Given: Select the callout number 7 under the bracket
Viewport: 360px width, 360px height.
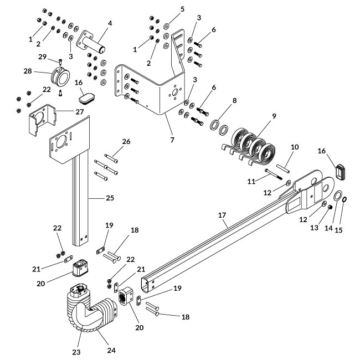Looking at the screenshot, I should click(172, 140).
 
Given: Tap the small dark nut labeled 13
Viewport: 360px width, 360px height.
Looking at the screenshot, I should click(331, 207).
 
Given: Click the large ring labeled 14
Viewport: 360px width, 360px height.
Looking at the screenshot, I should click(337, 197).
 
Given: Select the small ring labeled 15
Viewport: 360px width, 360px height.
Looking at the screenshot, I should click(345, 199).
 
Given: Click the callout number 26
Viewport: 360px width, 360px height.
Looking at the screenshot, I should click(126, 141).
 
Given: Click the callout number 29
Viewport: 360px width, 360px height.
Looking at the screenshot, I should click(42, 57).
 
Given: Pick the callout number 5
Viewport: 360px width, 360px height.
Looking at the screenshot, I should click(182, 9).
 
